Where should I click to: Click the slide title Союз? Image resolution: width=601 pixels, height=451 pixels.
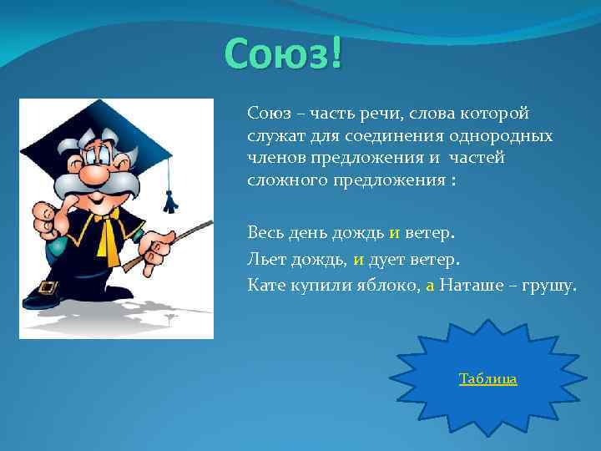click(x=284, y=54)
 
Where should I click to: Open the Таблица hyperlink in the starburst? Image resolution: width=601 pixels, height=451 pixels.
click(x=487, y=379)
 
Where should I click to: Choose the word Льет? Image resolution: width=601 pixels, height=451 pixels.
click(x=265, y=259)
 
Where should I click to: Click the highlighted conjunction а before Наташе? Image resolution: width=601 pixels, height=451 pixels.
click(x=430, y=286)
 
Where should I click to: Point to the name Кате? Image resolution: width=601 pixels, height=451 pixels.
click(x=265, y=286)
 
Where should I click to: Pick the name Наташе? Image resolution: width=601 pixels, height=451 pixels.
click(x=467, y=286)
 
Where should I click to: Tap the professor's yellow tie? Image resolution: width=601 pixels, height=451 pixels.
click(x=108, y=239)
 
